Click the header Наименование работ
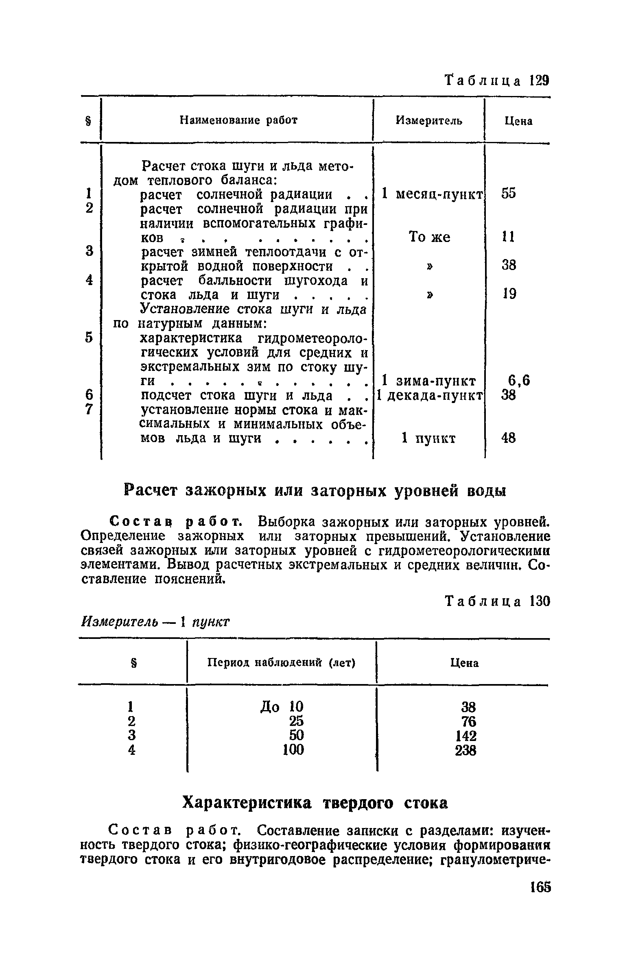[238, 121]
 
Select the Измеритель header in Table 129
[429, 121]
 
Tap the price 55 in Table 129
[508, 194]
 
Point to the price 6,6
[519, 381]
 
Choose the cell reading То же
[429, 237]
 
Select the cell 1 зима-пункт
[429, 381]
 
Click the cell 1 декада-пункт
[430, 395]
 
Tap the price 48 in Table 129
[509, 438]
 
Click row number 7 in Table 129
[89, 409]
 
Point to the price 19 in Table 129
[509, 294]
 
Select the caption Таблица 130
[497, 601]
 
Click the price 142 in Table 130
[465, 737]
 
